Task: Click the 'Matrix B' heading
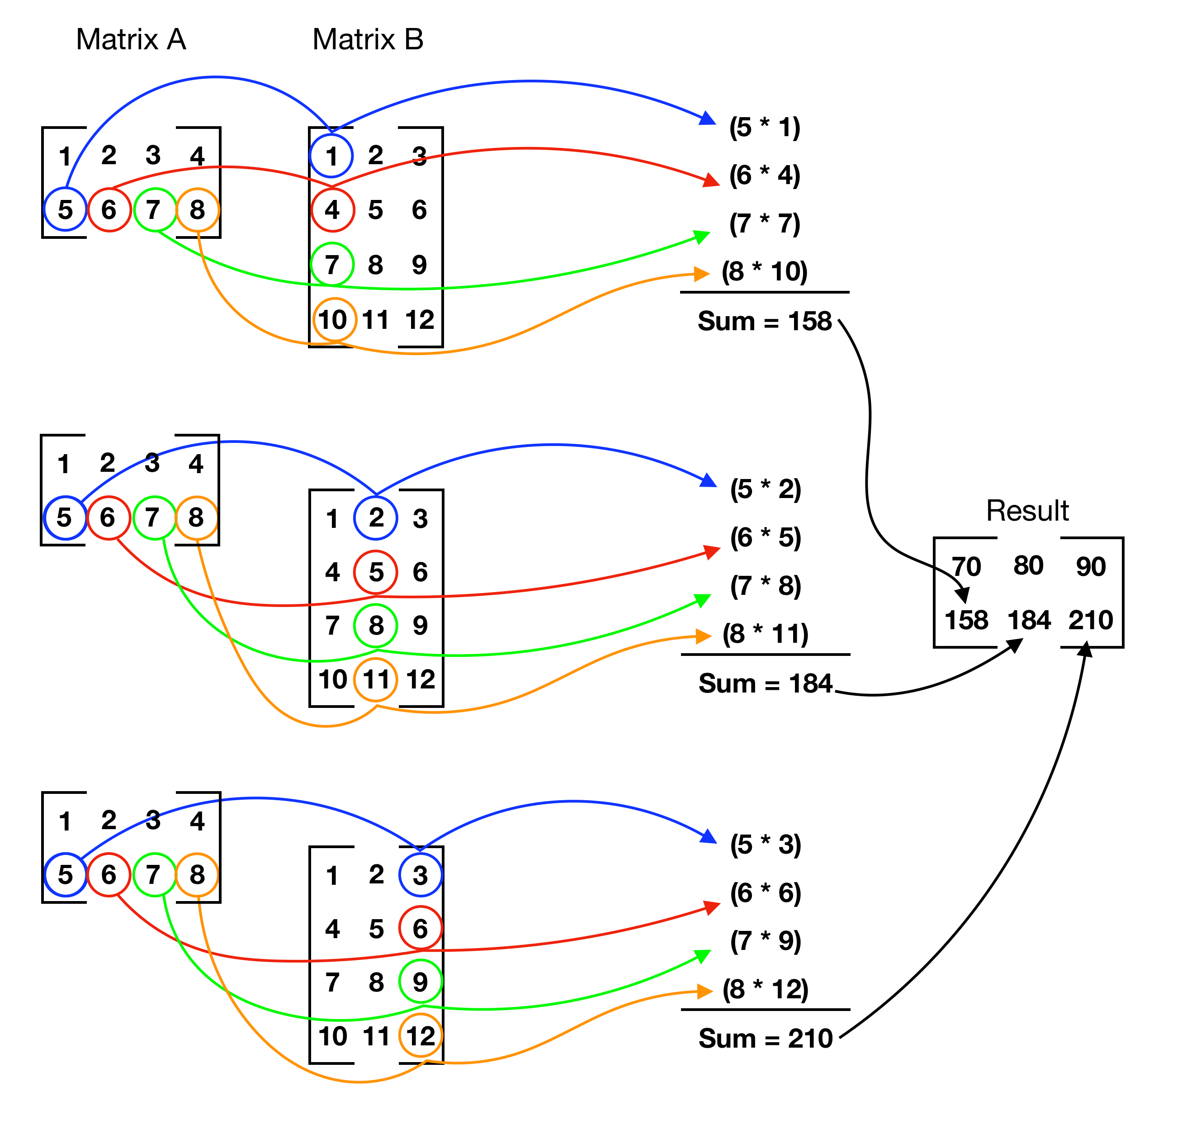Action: [x=368, y=40]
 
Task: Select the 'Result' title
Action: [x=1027, y=511]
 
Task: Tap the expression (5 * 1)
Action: [x=765, y=127]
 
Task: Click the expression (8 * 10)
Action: [x=765, y=271]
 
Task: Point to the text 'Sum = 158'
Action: [x=765, y=321]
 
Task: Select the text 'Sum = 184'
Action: [x=765, y=683]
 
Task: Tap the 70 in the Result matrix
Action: [x=966, y=566]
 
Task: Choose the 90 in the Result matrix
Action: [x=1090, y=566]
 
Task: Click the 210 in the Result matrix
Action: [x=1090, y=620]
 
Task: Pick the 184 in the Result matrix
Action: [x=1029, y=620]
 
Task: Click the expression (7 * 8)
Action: [x=765, y=586]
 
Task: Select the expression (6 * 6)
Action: [x=765, y=893]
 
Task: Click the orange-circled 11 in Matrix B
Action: [x=376, y=680]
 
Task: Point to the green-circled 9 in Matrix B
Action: [x=421, y=982]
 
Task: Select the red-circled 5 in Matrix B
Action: [x=376, y=572]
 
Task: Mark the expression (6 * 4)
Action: [x=765, y=175]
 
